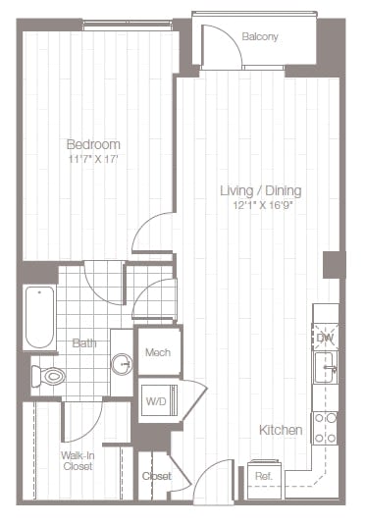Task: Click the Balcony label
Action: (260, 37)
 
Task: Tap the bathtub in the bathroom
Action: (40, 316)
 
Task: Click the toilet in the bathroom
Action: (48, 375)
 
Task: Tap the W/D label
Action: (156, 400)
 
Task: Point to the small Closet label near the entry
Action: (156, 476)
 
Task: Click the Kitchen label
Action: (280, 431)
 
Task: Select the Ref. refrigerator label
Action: (264, 476)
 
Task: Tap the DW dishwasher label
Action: (324, 338)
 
